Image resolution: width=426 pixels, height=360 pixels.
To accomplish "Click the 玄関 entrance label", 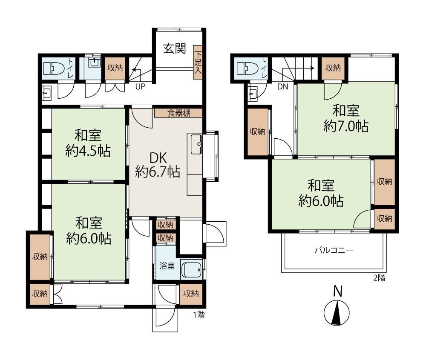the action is coord(175,49).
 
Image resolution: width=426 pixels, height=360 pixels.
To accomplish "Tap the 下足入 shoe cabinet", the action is coord(198,62).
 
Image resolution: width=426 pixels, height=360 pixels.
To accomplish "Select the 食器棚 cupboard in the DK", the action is coord(178,113).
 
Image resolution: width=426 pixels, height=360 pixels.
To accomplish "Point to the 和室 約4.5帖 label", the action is coord(88,143).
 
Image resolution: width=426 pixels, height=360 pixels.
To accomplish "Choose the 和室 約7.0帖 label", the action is coord(346,119).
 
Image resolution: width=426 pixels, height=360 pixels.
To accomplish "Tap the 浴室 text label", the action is coord(167,266).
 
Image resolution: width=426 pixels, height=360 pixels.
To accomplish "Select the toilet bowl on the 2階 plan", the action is coord(247,69).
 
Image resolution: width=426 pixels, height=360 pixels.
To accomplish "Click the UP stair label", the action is coord(140,87).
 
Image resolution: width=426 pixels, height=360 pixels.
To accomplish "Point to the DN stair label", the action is coord(282,87).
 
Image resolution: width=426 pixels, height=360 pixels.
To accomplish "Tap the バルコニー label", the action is coord(334,250).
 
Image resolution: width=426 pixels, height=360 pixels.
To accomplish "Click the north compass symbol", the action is coord(337,313).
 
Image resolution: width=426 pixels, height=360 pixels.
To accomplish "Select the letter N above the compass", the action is coord(338,291).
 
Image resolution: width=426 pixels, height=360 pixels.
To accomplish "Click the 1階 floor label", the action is coord(199,315).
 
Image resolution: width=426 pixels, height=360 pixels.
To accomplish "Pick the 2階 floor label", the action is coord(379,278).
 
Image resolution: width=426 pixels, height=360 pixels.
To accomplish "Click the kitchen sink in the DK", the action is coord(196,144).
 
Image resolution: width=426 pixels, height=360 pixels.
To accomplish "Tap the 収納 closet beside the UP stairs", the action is coord(115,68).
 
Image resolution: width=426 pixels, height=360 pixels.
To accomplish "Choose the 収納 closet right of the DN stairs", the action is coord(333,68).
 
